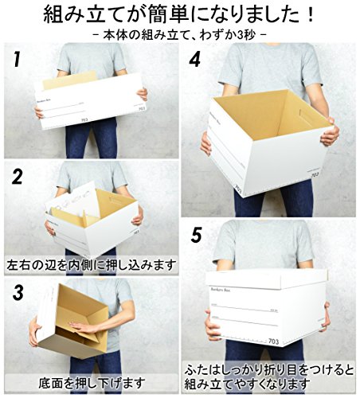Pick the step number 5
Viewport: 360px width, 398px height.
196,236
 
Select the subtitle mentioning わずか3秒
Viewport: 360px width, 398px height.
180,37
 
